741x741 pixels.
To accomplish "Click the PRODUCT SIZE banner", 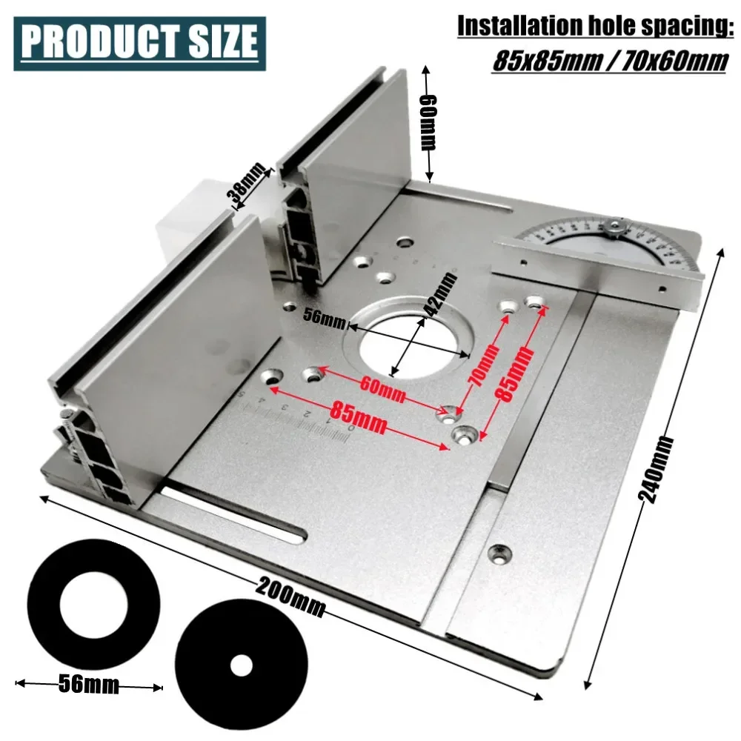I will (139, 44).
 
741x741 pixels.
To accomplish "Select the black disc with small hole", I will (239, 665).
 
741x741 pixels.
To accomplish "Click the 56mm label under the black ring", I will (88, 685).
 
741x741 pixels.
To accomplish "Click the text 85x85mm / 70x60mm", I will (610, 60).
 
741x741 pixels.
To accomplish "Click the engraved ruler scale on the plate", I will (296, 419).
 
